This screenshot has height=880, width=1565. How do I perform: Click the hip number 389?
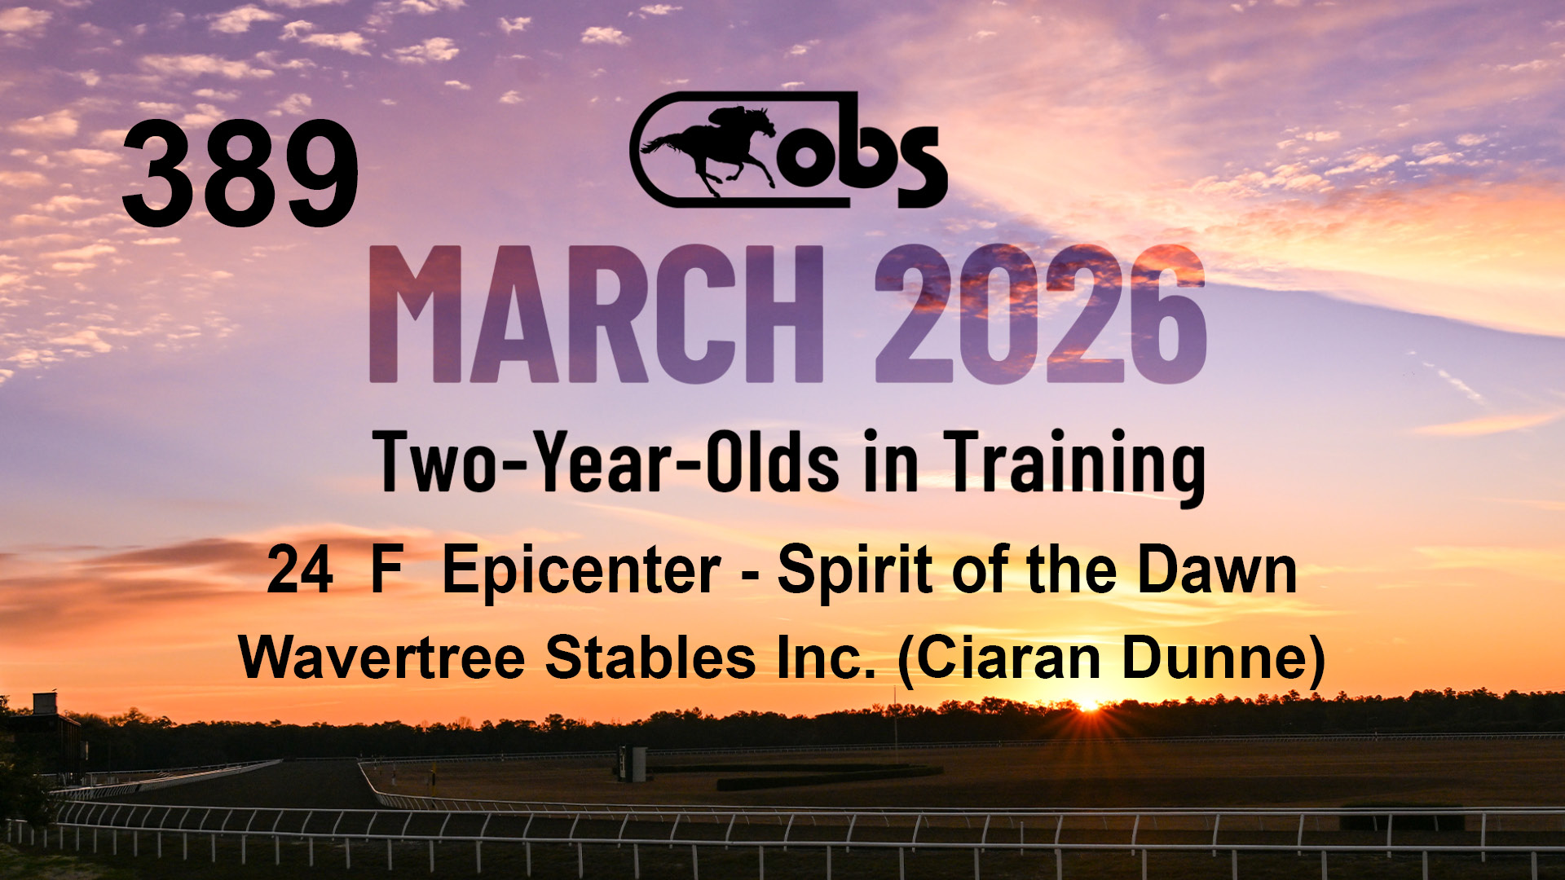240,174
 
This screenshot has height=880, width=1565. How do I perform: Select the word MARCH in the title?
597,314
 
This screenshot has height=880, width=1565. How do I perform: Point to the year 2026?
1040,314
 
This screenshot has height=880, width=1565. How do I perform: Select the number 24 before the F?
300,570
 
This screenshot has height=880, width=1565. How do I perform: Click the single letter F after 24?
387,570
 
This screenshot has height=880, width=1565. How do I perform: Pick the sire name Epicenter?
581,573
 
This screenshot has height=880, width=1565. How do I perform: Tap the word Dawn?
1217,570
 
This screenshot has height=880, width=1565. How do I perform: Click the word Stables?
650,657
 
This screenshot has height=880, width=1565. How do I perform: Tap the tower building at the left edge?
46,733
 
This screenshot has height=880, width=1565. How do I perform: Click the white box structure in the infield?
633,764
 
